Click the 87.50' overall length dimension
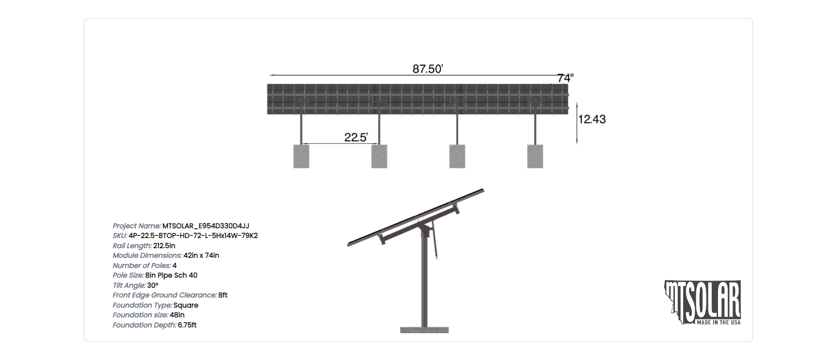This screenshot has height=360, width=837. coord(428,69)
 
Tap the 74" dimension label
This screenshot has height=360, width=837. coord(565,78)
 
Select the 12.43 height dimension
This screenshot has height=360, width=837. coord(592,119)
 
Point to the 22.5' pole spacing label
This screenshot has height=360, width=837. coord(356,137)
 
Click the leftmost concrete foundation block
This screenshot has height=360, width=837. coord(301,156)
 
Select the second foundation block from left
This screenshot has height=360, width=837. coord(379,156)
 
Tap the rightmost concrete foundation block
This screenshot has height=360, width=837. coord(535,156)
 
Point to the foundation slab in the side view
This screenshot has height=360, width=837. coord(424,330)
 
